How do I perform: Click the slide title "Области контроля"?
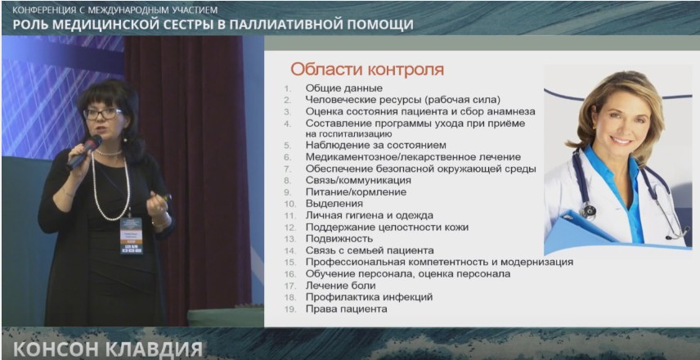367,70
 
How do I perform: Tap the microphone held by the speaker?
84,152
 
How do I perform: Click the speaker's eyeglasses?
103,114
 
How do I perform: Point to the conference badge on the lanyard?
131,236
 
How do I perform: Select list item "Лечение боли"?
341,285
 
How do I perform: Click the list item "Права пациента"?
347,308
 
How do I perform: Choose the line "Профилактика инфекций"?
369,296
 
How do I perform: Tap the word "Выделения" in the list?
334,204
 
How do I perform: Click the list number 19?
290,308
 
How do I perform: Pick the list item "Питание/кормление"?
357,192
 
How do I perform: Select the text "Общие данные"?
344,88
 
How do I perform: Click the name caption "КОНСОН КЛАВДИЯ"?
108,349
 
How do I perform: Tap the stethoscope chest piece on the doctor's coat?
589,211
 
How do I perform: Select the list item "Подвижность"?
339,239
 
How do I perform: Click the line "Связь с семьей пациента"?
370,250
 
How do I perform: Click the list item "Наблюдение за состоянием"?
376,145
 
